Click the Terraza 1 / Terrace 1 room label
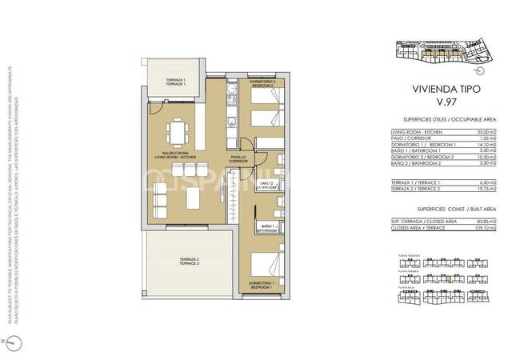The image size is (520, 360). pos(176,82)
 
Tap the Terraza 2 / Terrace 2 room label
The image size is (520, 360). pos(190,262)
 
